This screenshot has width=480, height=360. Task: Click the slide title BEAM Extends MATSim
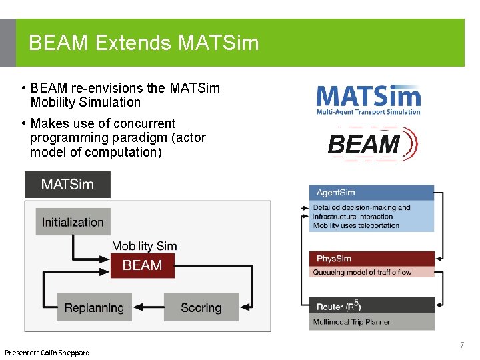[x=143, y=43]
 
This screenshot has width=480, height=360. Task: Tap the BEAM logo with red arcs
[x=372, y=144]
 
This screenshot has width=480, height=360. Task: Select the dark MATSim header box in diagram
[x=67, y=185]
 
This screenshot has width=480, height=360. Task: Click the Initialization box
[x=73, y=222]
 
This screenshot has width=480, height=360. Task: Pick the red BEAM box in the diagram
[x=142, y=265]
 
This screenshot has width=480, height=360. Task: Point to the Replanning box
[x=94, y=307]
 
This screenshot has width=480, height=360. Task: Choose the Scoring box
[x=201, y=307]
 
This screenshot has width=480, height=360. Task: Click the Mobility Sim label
[x=144, y=246]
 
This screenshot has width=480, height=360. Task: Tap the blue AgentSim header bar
[x=371, y=193]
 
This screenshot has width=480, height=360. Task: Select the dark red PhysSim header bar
[x=371, y=259]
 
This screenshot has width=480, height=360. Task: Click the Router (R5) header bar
[x=371, y=306]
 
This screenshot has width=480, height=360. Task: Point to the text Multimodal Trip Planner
[x=352, y=322]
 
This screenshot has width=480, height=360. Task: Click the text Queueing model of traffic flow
[x=362, y=272]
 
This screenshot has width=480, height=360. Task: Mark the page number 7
[x=461, y=345]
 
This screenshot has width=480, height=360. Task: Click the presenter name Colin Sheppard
[x=65, y=352]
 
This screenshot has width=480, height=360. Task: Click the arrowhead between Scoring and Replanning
[x=158, y=307]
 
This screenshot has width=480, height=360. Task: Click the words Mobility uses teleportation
[x=356, y=225]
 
